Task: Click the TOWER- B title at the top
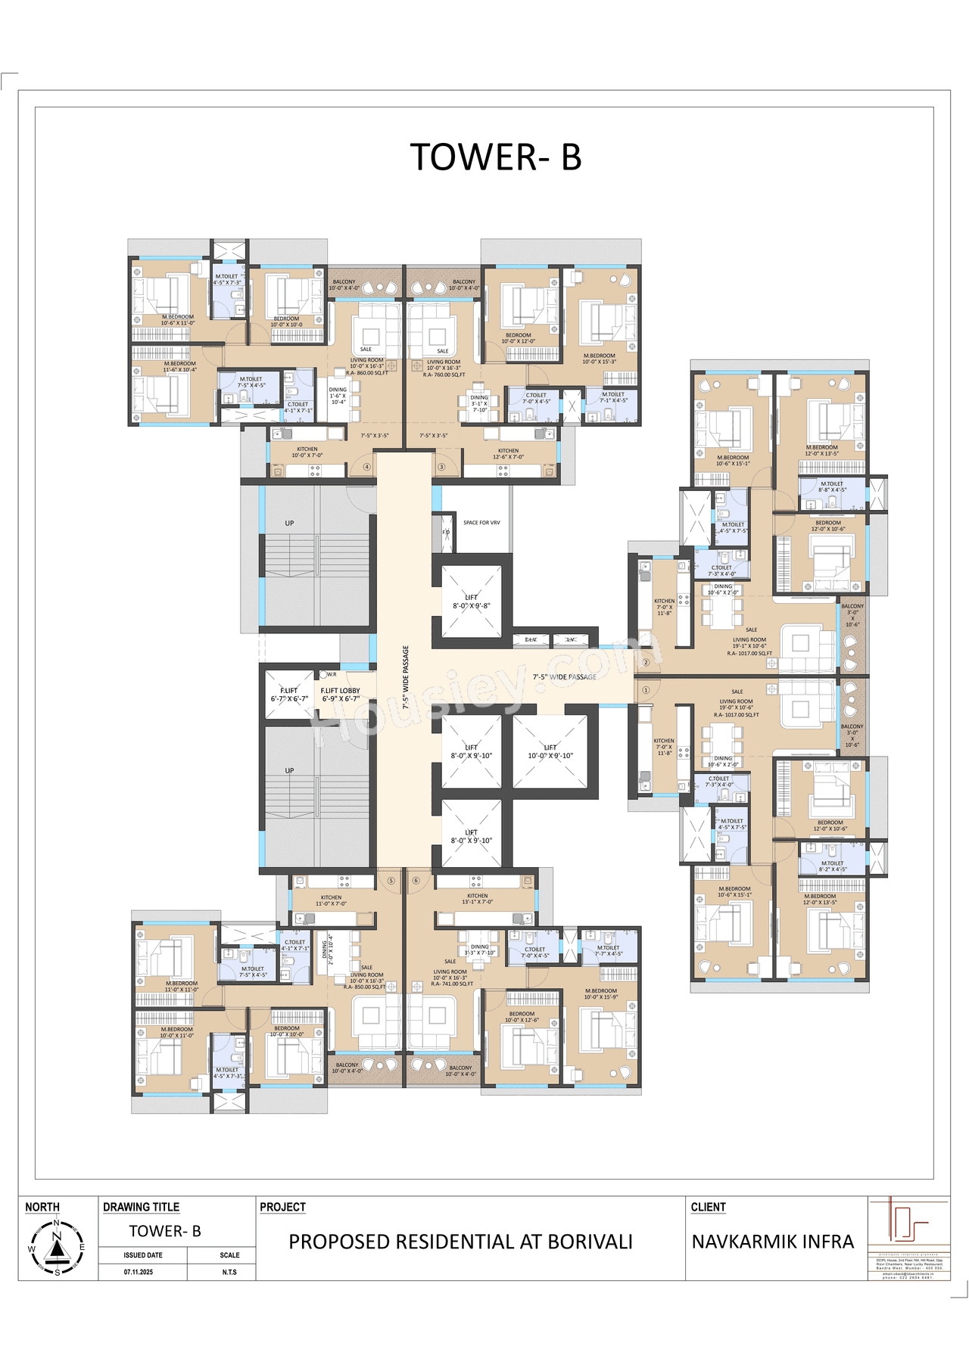click(496, 157)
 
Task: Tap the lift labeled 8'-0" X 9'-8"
click(471, 602)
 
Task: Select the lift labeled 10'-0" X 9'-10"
click(550, 751)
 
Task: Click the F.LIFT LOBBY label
click(340, 695)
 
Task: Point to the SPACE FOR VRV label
click(481, 523)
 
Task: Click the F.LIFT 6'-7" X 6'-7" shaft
click(289, 695)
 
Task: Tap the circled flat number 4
click(367, 467)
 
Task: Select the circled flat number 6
click(416, 881)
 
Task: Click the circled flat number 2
click(646, 662)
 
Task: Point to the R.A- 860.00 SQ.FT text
click(367, 373)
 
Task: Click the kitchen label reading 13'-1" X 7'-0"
click(478, 899)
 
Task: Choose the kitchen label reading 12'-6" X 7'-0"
click(508, 453)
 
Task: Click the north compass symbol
click(57, 1247)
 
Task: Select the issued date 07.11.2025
click(139, 1272)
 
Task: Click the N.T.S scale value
click(229, 1272)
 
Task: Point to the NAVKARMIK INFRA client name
click(772, 1242)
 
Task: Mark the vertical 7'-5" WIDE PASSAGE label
click(406, 677)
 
